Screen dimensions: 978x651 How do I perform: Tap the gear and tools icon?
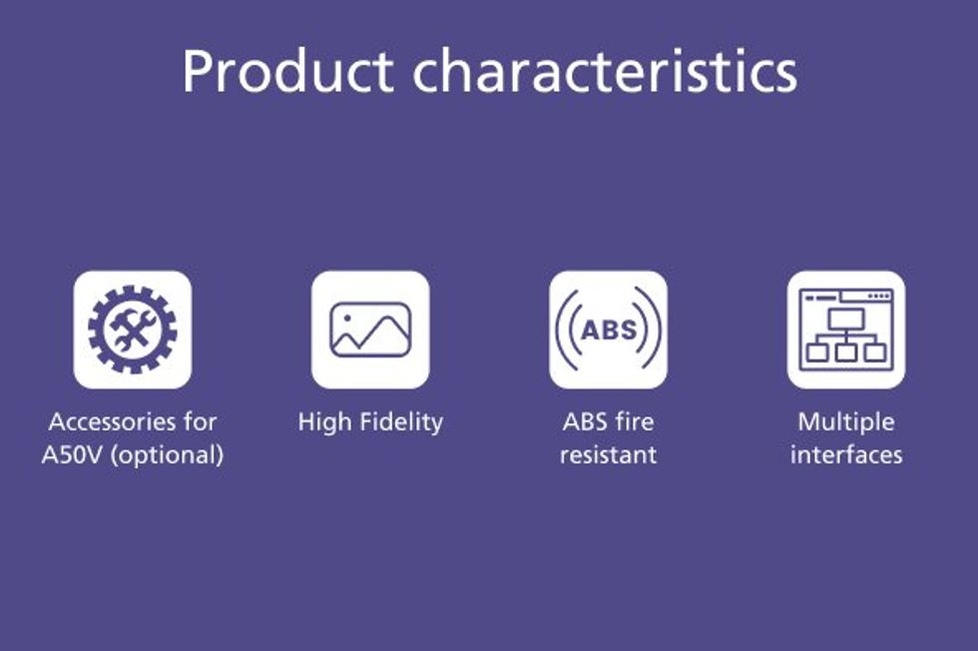tap(132, 329)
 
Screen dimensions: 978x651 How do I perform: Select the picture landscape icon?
tap(370, 329)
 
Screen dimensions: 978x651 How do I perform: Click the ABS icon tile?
tap(608, 329)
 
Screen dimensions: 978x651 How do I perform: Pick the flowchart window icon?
tap(846, 329)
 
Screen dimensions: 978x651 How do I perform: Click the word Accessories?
tap(112, 422)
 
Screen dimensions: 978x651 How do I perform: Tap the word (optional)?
tap(167, 455)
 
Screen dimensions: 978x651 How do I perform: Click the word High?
tap(324, 422)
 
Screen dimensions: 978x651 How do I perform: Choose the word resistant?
tap(608, 454)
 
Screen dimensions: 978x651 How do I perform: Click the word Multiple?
tap(846, 422)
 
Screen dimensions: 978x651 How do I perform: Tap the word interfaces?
tap(846, 454)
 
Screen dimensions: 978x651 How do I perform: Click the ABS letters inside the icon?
tap(609, 329)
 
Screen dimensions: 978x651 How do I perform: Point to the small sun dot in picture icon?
tap(347, 318)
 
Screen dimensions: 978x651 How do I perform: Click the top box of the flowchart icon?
tap(846, 319)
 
